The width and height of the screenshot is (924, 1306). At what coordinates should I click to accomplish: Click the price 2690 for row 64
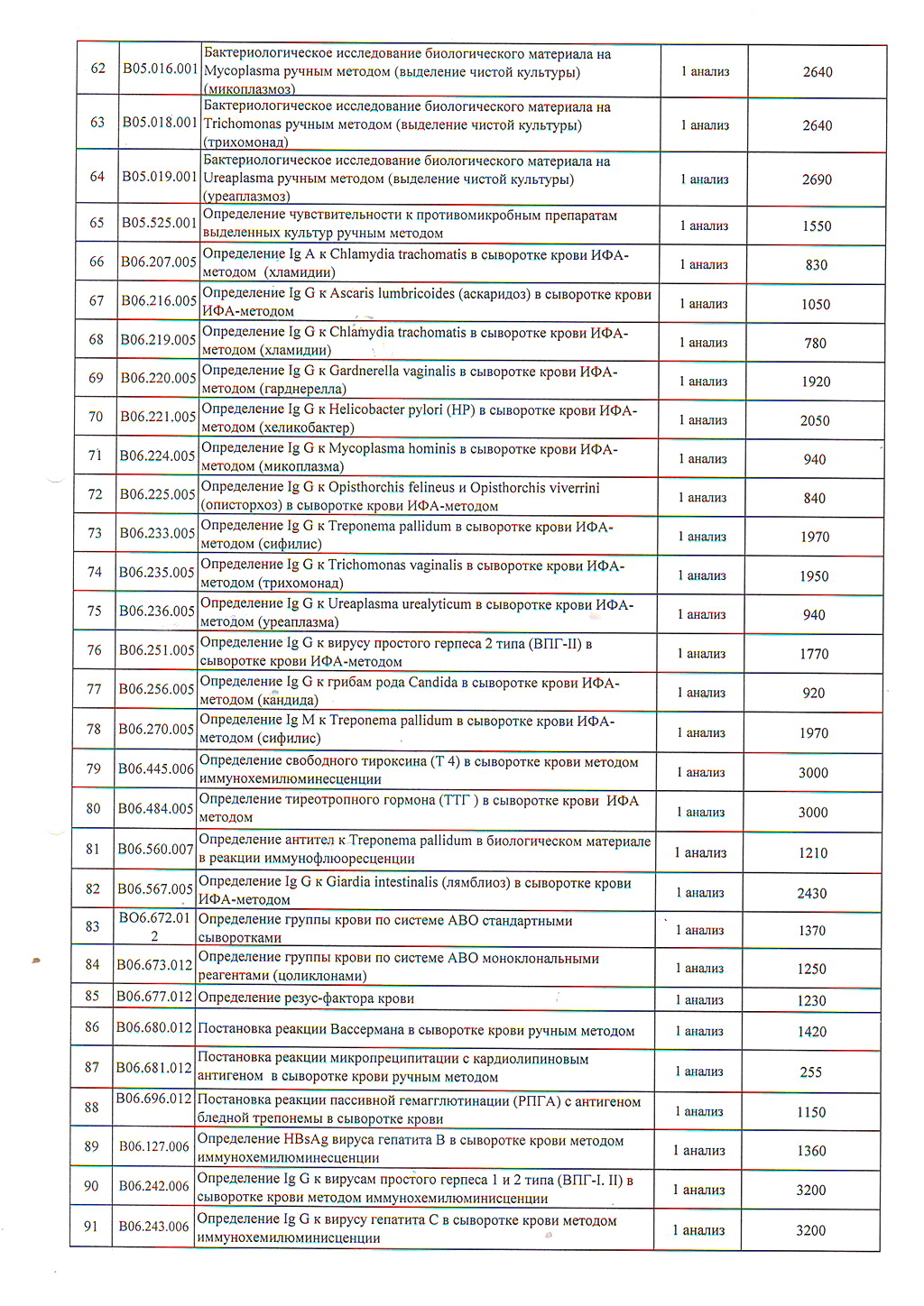point(817,179)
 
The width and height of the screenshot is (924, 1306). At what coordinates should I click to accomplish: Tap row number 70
point(96,417)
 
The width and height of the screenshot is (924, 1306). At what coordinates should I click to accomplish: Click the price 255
point(810,1072)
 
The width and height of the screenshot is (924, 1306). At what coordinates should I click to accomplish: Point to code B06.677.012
point(154,997)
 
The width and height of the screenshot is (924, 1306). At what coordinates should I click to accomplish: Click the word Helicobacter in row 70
point(367,409)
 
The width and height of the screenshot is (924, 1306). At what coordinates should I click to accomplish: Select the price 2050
point(815,420)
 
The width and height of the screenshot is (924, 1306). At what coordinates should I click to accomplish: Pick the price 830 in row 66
point(816,264)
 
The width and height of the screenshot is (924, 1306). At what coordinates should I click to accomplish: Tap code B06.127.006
point(154,1146)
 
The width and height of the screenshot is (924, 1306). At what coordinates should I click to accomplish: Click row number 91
point(91,1226)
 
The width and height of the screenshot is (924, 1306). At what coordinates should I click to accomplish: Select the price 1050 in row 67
point(815,304)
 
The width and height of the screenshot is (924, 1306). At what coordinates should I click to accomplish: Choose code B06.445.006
point(156,768)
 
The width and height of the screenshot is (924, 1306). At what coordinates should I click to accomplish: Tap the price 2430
point(811,893)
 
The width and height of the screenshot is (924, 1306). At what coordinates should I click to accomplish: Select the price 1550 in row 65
point(816,226)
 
